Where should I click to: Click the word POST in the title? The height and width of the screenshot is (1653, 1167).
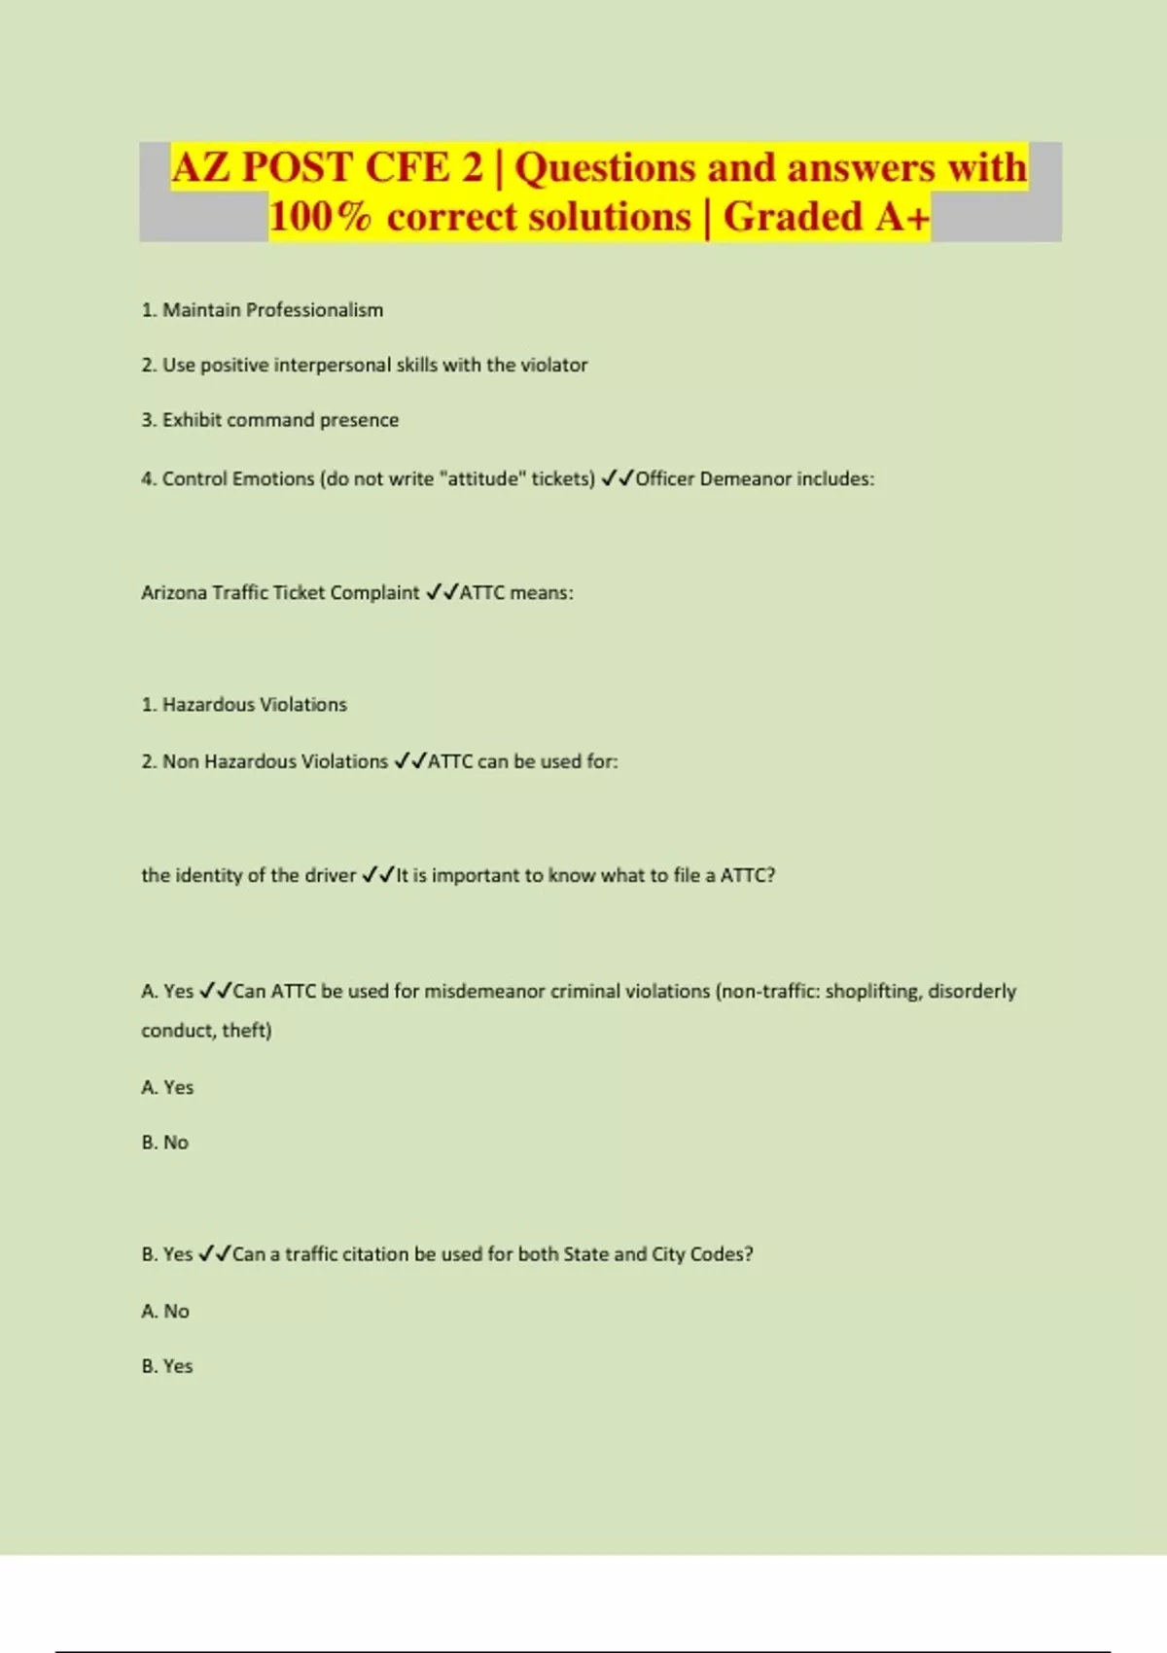click(297, 167)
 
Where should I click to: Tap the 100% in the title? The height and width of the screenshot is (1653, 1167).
click(319, 217)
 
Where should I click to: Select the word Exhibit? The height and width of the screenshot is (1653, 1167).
click(192, 420)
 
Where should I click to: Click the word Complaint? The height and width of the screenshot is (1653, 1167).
click(374, 593)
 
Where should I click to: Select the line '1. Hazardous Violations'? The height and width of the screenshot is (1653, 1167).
click(244, 705)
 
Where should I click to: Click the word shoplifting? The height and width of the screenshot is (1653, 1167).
click(871, 992)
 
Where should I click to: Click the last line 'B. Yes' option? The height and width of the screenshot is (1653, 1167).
click(167, 1366)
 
